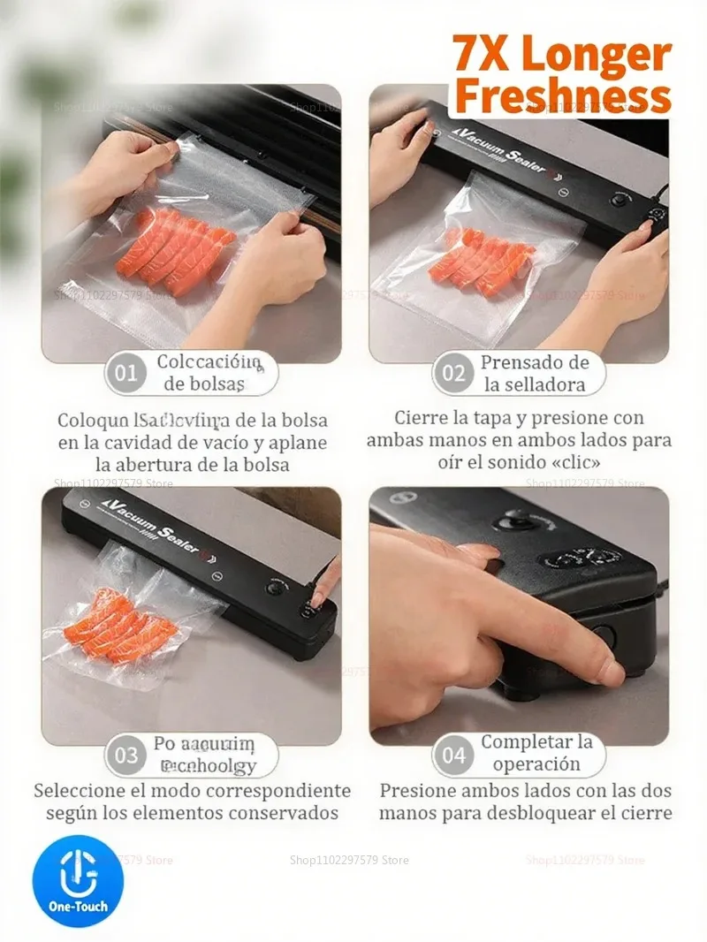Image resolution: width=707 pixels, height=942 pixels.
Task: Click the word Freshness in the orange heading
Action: [x=562, y=95]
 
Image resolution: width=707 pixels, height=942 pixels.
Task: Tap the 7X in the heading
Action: [x=483, y=54]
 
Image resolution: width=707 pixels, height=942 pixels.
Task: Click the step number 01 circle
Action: [x=126, y=373]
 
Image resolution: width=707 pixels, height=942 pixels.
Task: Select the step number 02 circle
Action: [x=453, y=373]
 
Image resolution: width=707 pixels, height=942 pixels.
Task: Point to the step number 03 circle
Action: [x=126, y=756]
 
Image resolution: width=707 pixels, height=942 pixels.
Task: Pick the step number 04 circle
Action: [x=453, y=756]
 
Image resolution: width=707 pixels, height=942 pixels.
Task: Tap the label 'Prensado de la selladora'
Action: [x=534, y=374]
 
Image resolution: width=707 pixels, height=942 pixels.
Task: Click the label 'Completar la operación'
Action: [x=536, y=753]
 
